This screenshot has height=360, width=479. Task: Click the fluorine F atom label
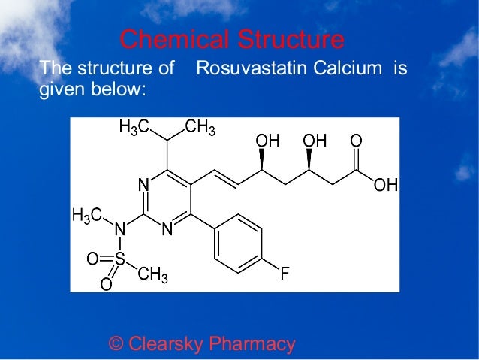[x=285, y=273]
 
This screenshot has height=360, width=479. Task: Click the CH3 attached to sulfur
[x=153, y=275]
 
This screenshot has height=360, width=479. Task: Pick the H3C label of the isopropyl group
[x=134, y=128]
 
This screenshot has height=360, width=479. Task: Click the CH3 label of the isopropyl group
[x=200, y=128]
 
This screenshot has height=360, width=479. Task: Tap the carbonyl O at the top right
[x=356, y=141]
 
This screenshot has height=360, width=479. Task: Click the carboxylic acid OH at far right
[x=386, y=184]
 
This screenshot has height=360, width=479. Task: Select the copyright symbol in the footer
[x=116, y=344]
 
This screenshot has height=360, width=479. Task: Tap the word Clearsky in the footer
[x=164, y=344]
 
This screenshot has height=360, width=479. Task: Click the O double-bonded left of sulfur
[x=92, y=259]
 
